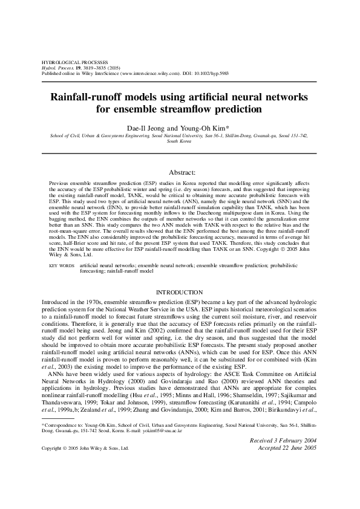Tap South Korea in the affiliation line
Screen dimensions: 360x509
pos(180,143)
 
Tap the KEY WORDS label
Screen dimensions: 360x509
pos(61,265)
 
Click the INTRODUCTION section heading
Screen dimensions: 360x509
pos(180,292)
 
